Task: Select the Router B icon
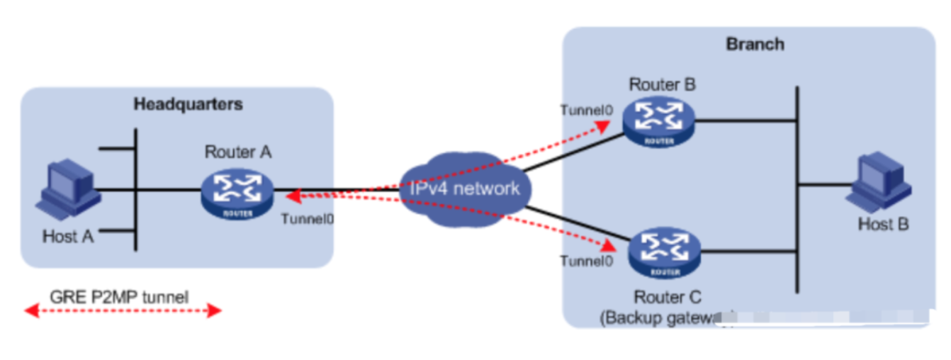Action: pyautogui.click(x=658, y=120)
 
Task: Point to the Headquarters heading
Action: pyautogui.click(x=188, y=104)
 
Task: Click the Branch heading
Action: pyautogui.click(x=755, y=44)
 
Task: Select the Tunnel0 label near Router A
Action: pyautogui.click(x=307, y=219)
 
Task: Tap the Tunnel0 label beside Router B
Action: pyautogui.click(x=586, y=110)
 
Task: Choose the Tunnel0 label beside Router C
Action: pyautogui.click(x=586, y=261)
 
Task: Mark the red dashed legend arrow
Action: pyautogui.click(x=123, y=310)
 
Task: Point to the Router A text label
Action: pyautogui.click(x=237, y=151)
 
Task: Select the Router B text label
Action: pyautogui.click(x=663, y=84)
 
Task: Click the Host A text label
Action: pyautogui.click(x=68, y=237)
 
